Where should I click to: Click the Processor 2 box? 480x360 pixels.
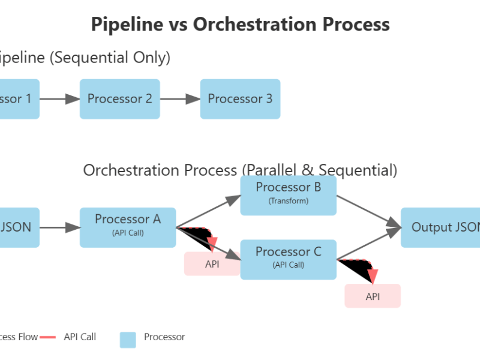(x=119, y=99)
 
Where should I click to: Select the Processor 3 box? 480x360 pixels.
(x=240, y=99)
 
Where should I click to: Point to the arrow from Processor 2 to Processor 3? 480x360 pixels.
(x=180, y=99)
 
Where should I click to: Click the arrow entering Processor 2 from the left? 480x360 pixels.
(x=60, y=99)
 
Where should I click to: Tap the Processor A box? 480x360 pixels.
(x=128, y=227)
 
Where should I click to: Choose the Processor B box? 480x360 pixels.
(x=288, y=195)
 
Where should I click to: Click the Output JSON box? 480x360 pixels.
(x=440, y=227)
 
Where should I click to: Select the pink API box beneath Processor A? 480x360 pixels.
(x=212, y=264)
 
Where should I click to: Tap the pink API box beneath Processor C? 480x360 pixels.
(x=372, y=296)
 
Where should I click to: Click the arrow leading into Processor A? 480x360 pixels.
(x=60, y=227)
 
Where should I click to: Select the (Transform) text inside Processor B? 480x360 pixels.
(x=288, y=202)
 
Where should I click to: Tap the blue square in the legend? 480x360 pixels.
(x=128, y=340)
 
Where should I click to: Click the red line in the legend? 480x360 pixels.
(x=47, y=337)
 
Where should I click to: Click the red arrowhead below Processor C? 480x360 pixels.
(x=373, y=277)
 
